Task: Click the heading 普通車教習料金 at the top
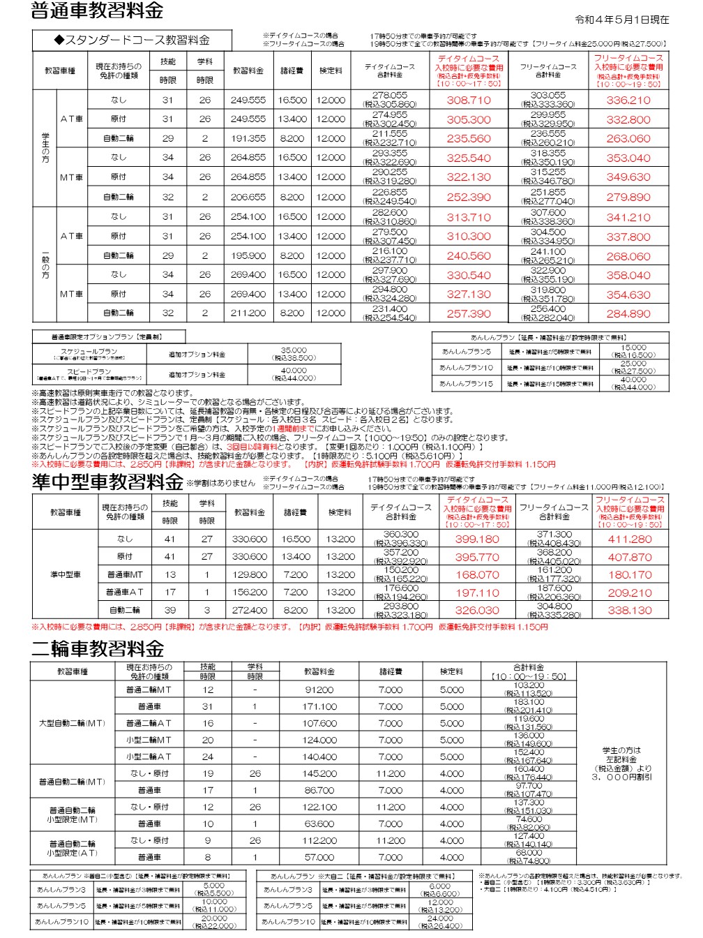tap(98, 11)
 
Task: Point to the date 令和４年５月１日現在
tap(621, 20)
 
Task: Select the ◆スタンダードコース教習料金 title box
tap(132, 40)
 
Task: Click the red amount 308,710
tap(469, 100)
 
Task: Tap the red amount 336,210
tap(628, 100)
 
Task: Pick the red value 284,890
tap(628, 314)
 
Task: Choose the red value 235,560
tap(469, 139)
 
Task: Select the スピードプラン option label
tap(89, 372)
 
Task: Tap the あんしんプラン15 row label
tap(466, 383)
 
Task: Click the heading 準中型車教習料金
tap(108, 482)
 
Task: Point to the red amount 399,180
tap(477, 539)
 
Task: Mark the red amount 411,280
tap(630, 539)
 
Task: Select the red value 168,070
tap(477, 575)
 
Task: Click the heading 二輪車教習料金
tap(98, 649)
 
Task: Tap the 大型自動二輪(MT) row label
tap(72, 723)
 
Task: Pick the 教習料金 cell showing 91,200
tap(319, 690)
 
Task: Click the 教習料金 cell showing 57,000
tap(319, 857)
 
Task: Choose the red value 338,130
tap(630, 611)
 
